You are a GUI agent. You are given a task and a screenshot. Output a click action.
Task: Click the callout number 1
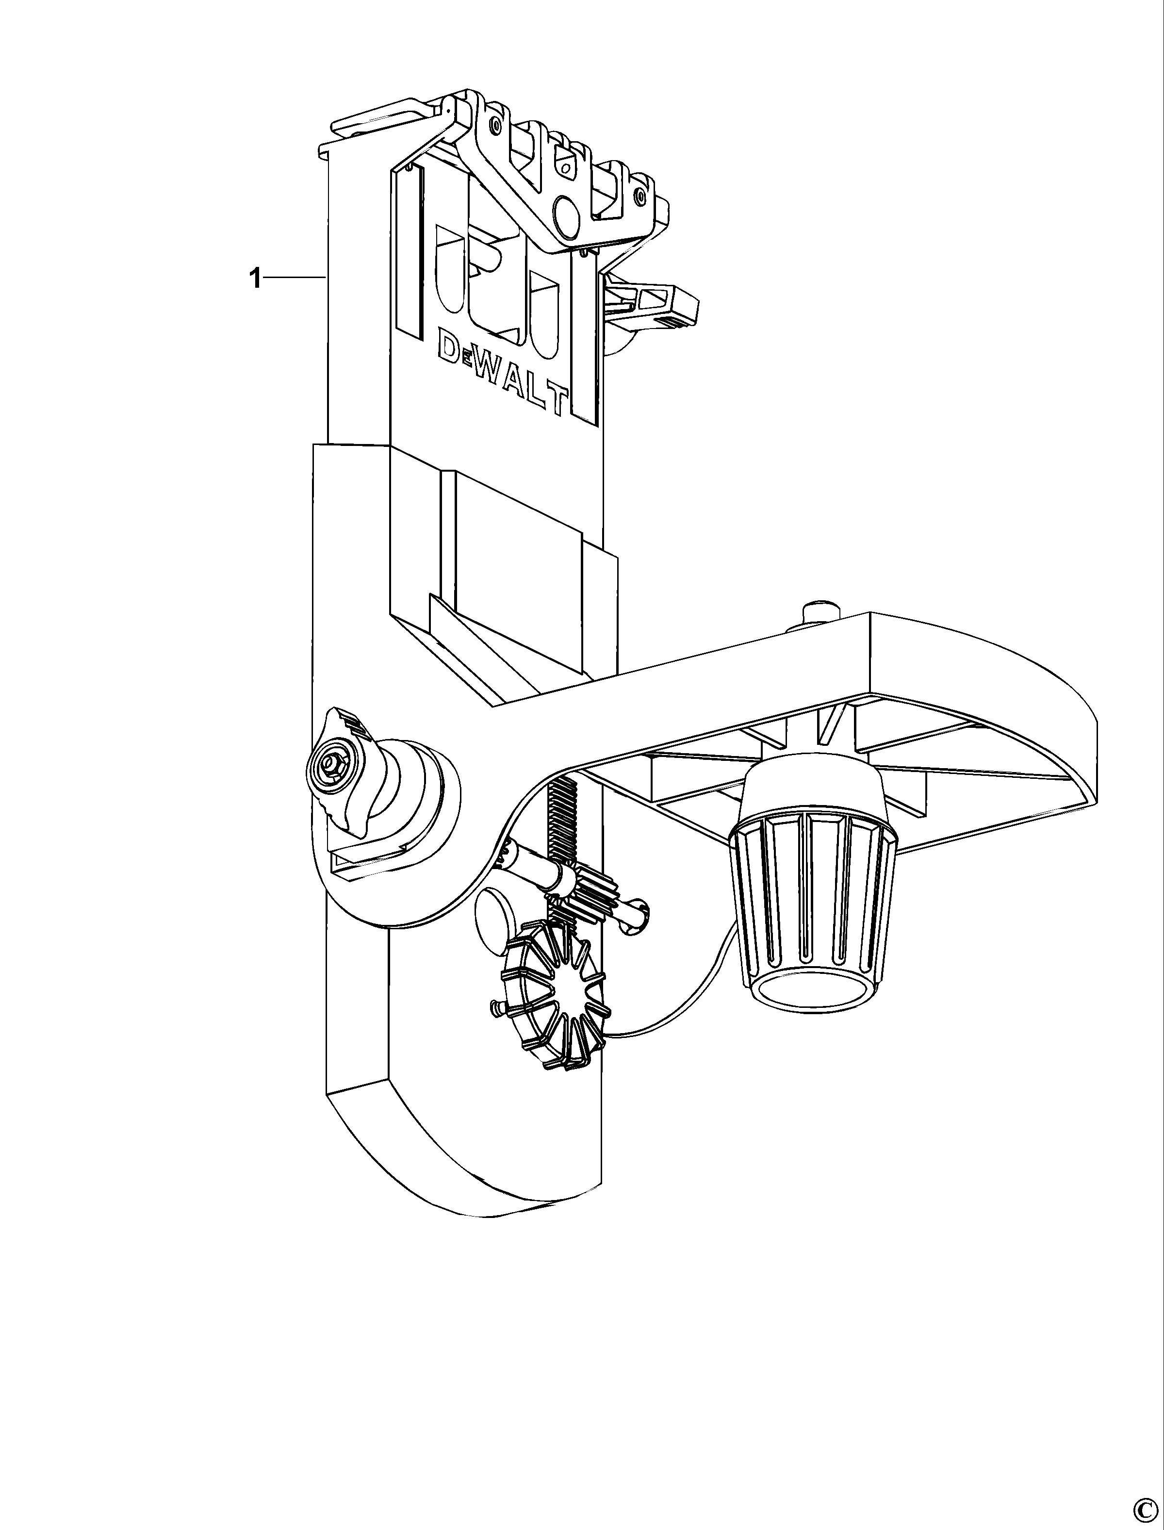[x=255, y=279]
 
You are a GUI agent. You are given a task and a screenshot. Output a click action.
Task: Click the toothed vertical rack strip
[x=560, y=832]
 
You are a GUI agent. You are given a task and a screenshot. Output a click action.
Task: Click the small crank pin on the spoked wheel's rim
[x=495, y=1007]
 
